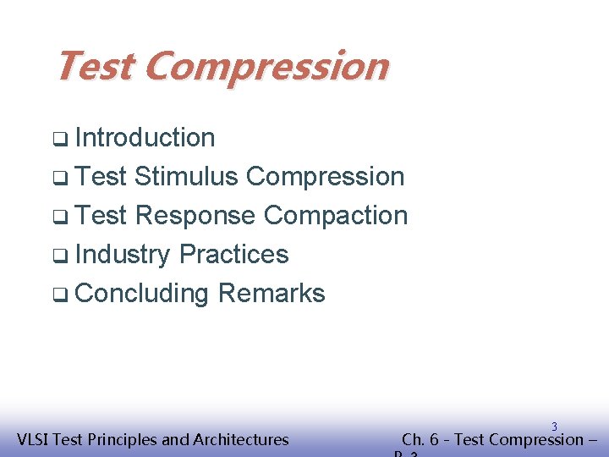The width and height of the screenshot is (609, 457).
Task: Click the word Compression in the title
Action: point(266,66)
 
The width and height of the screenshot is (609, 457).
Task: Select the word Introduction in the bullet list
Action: point(145,138)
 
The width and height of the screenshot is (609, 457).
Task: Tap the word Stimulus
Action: point(186,177)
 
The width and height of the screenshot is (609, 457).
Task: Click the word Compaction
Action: point(336,216)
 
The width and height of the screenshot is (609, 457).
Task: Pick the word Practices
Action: point(234,255)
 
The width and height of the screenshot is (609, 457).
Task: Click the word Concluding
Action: point(142,294)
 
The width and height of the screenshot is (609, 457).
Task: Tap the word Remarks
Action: point(271,294)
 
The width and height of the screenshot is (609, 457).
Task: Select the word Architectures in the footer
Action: point(241,439)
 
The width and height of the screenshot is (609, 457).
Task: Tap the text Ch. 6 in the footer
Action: point(419,439)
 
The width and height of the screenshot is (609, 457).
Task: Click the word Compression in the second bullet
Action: point(326,177)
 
